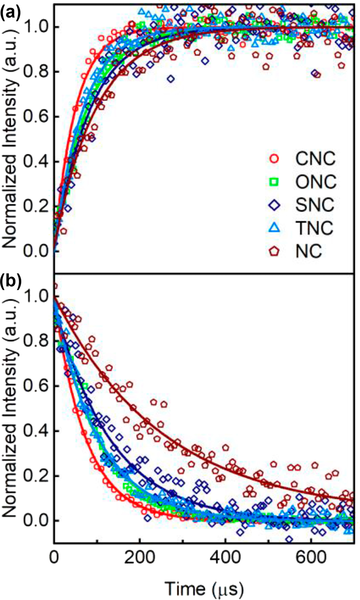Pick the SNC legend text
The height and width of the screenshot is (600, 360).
point(315,205)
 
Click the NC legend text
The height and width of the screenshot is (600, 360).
point(309,251)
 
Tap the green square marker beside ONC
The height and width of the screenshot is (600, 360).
point(274,182)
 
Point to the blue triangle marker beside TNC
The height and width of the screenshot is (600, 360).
point(274,228)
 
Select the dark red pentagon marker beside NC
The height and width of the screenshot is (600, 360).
point(274,251)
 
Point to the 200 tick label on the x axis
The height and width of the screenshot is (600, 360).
point(140,558)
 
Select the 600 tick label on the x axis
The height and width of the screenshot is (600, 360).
point(311,558)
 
